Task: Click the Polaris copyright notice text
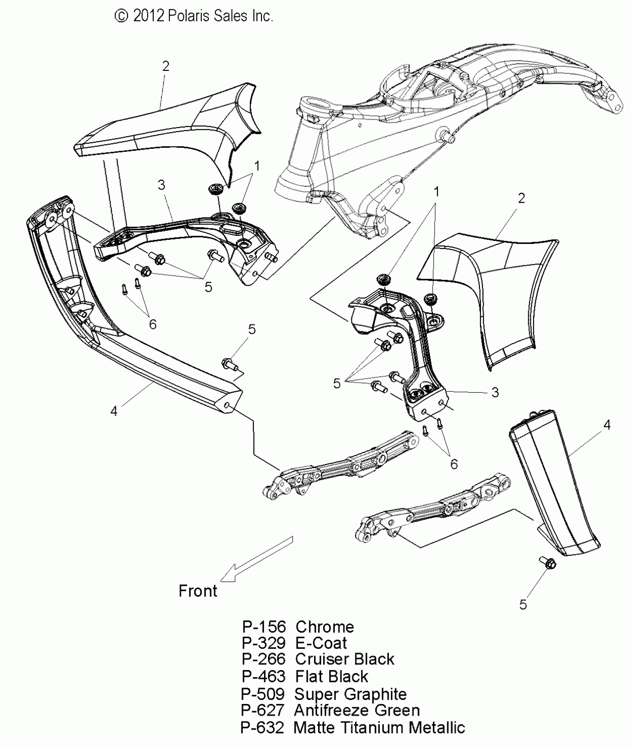194,16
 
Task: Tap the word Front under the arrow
198,591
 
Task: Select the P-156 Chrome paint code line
298,627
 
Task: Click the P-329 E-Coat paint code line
294,643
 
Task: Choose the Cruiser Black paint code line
318,659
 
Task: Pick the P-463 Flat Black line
305,676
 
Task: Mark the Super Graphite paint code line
324,694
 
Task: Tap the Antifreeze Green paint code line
330,710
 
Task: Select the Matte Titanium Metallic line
353,727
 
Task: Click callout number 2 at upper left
166,66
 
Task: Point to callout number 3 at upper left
161,185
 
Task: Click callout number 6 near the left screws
153,324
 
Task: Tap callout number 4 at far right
607,425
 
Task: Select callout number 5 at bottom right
523,605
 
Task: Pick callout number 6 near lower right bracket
454,464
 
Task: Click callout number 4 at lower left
114,411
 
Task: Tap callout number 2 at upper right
522,198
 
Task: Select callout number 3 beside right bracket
495,392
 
